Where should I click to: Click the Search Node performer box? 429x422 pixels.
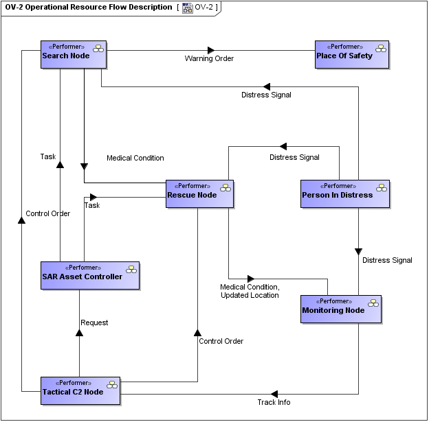coord(74,54)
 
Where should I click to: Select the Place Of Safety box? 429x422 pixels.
coord(352,54)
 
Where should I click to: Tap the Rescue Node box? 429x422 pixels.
coord(199,194)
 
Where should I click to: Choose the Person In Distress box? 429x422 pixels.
coord(345,194)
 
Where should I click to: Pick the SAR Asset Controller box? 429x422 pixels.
coord(89,275)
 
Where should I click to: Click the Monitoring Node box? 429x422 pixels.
coord(341,309)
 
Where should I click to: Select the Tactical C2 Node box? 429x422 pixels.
coord(80,390)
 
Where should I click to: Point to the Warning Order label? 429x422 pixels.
coord(209,59)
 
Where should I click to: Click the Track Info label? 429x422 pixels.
coord(274,403)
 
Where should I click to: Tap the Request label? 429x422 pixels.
coord(94,323)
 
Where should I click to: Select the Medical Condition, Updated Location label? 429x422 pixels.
coord(250,291)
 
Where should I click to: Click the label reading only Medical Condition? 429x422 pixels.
coord(135,159)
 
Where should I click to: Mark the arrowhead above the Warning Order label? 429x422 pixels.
coord(211,49)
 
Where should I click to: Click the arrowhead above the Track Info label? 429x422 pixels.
coord(274,394)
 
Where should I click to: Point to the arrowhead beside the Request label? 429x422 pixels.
coord(79,333)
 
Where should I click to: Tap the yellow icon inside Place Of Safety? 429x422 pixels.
coord(380,48)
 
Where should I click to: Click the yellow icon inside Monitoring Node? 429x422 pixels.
coord(373,303)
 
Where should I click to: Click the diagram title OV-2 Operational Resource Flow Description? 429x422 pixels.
coord(89,8)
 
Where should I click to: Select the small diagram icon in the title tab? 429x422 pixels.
coord(187,8)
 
